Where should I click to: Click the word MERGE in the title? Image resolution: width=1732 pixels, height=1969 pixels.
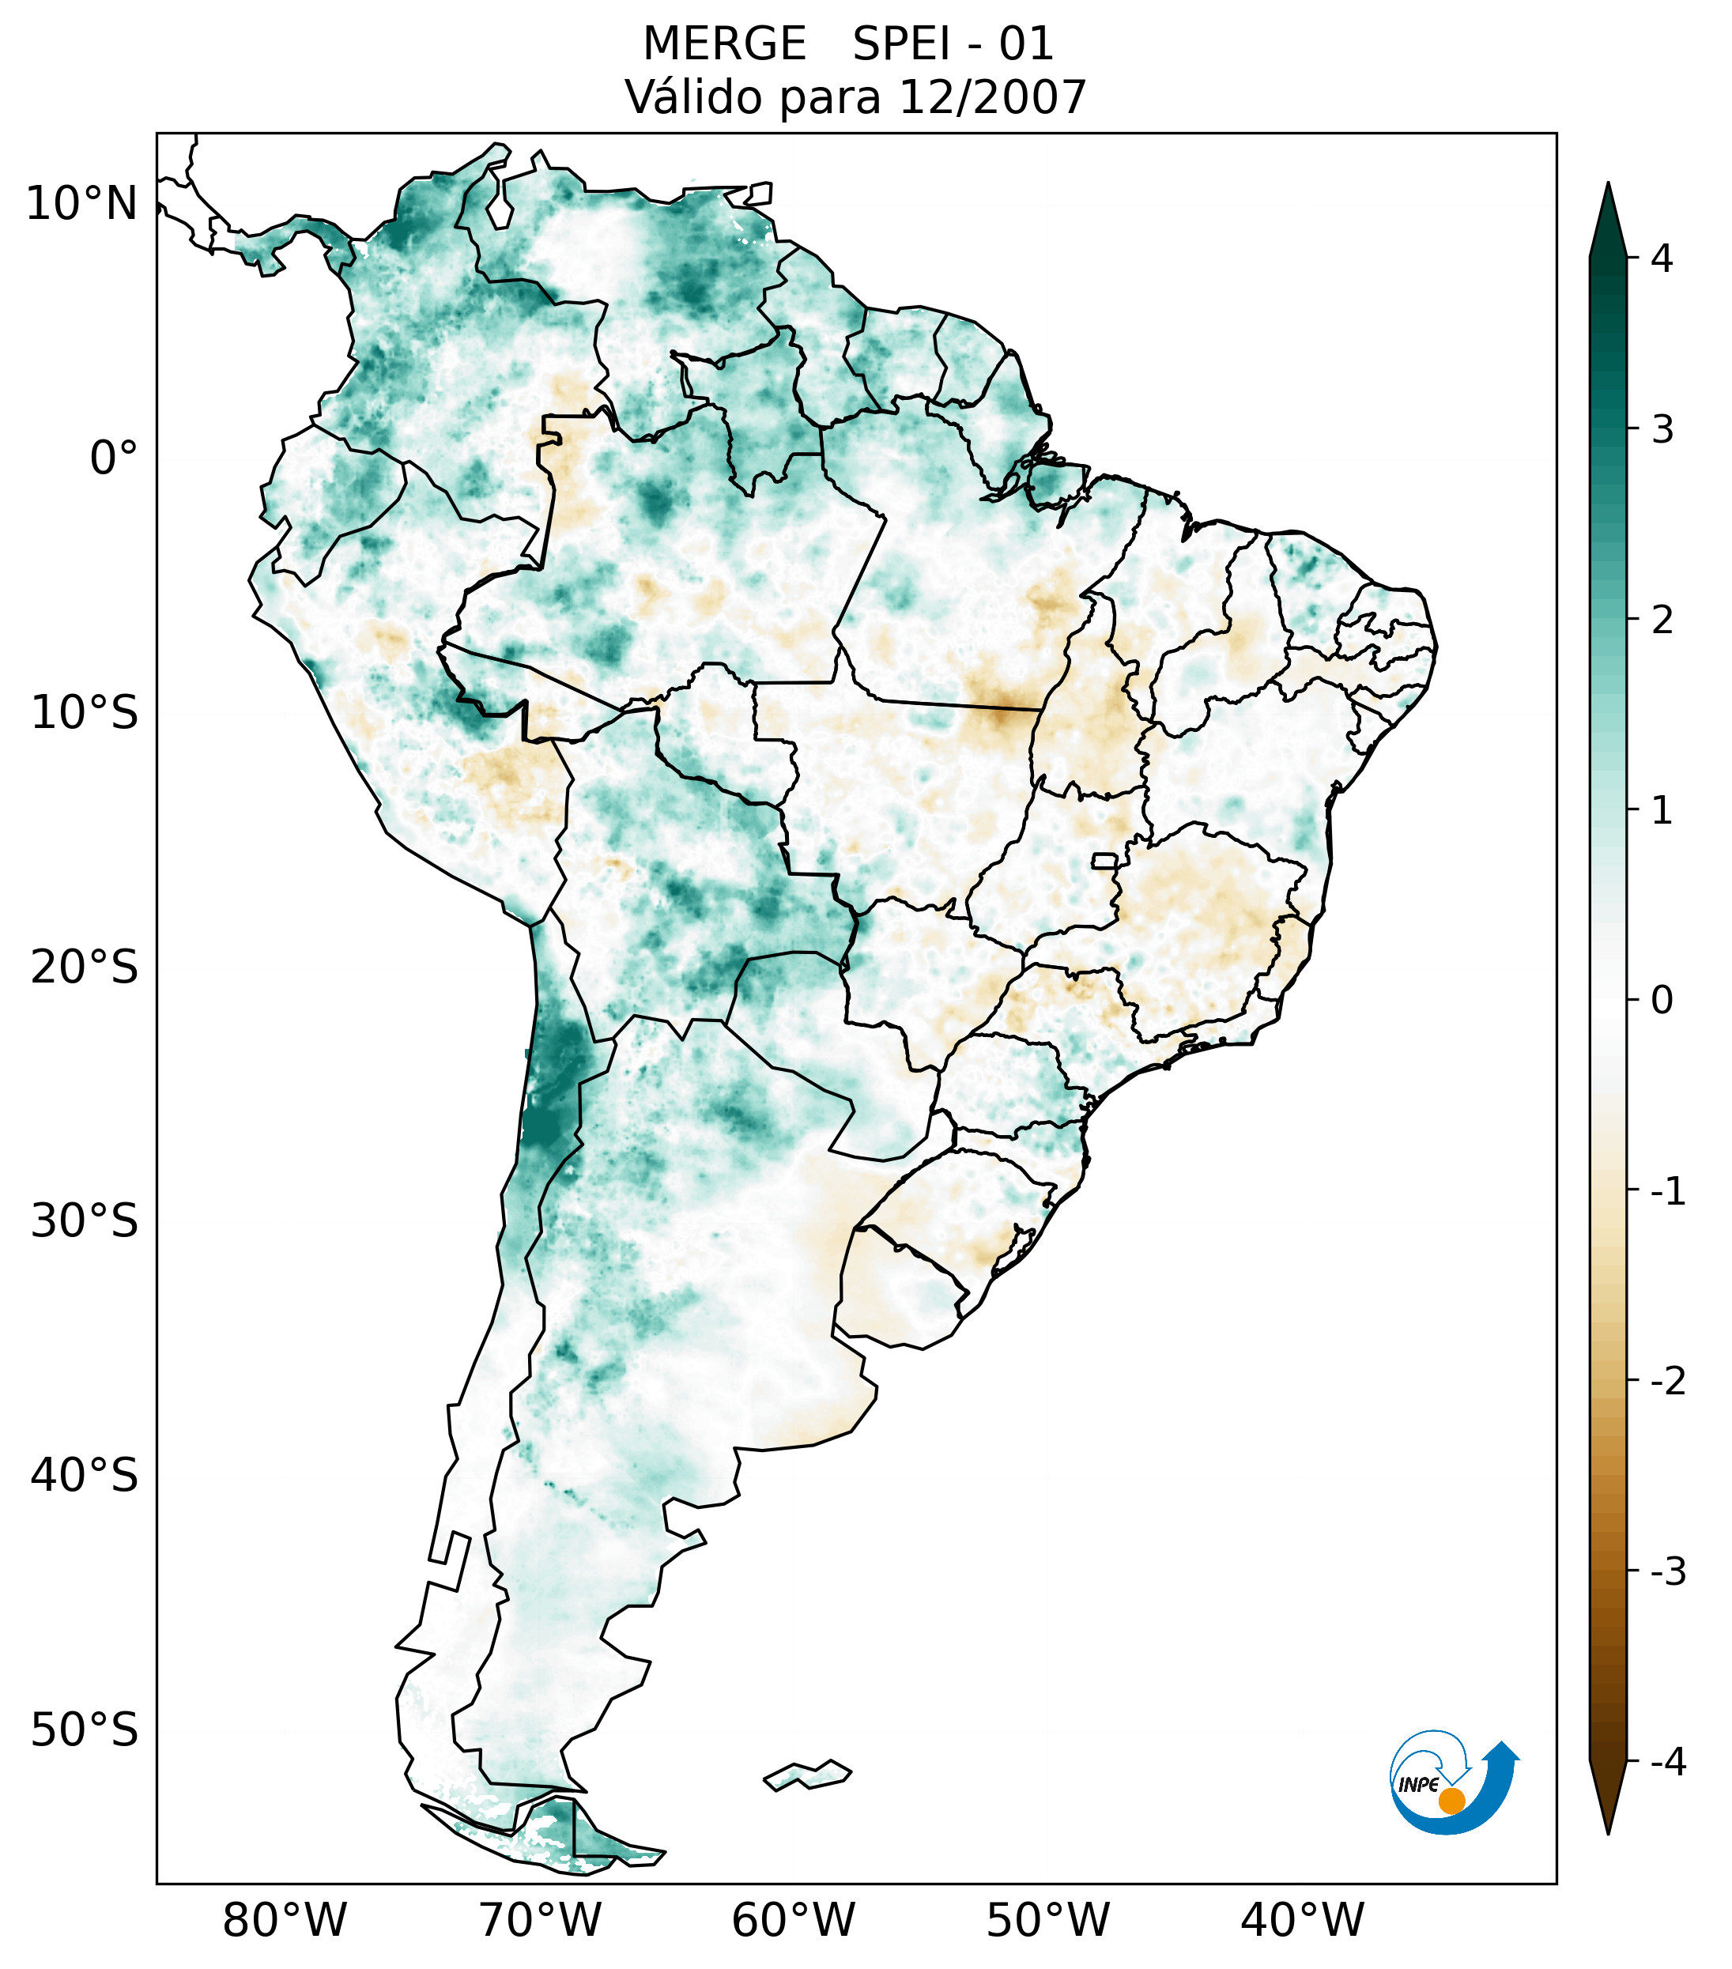pyautogui.click(x=723, y=44)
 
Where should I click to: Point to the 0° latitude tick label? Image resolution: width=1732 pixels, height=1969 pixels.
pyautogui.click(x=114, y=458)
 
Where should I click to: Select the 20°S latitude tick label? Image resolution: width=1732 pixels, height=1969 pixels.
pyautogui.click(x=85, y=968)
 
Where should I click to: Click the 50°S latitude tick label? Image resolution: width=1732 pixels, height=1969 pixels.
pyautogui.click(x=85, y=1731)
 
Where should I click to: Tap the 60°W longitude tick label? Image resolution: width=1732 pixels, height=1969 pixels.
pyautogui.click(x=793, y=1921)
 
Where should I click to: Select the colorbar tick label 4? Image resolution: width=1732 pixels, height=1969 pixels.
pyautogui.click(x=1661, y=258)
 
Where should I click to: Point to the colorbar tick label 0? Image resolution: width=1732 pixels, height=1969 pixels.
pyautogui.click(x=1661, y=1001)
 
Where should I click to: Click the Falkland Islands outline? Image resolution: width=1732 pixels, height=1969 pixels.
pyautogui.click(x=807, y=1775)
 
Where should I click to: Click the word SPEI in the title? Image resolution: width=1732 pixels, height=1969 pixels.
pyautogui.click(x=900, y=44)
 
